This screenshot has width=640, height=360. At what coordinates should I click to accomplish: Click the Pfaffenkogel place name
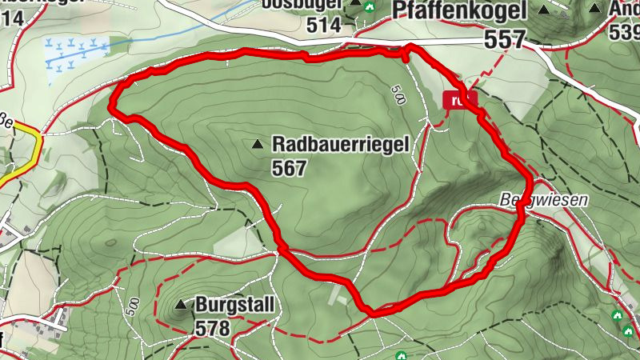click(461, 10)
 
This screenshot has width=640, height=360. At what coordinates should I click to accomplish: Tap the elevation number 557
click(505, 38)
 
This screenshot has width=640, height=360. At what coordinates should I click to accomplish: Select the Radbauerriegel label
click(341, 145)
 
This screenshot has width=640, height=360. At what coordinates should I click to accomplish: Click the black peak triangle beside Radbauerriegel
click(257, 145)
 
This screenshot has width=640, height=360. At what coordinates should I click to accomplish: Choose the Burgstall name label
click(235, 305)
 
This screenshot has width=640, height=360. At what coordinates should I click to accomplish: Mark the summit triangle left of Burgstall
click(180, 305)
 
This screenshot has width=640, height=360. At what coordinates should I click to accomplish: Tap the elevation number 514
click(323, 25)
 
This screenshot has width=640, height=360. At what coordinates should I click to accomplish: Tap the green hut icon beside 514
click(369, 7)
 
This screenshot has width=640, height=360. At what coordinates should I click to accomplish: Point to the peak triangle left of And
click(595, 9)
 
